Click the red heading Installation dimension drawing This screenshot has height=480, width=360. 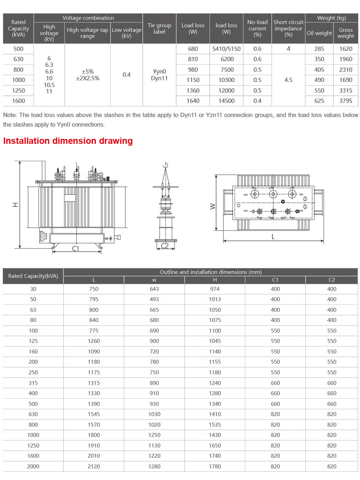[68, 141]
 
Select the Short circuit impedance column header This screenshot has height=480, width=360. [288, 28]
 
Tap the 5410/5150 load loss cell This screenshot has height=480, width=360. [226, 49]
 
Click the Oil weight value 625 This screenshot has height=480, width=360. [319, 101]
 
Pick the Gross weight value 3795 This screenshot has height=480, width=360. [346, 101]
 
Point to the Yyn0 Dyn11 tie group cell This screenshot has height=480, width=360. [159, 75]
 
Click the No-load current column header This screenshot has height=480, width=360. [257, 28]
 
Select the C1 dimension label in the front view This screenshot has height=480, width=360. [76, 248]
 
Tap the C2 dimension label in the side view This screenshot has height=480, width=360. [165, 246]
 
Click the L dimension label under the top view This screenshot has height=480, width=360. [273, 237]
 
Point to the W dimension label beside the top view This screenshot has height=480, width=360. [213, 206]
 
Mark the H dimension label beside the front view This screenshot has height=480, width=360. [15, 205]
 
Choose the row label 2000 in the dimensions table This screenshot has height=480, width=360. [33, 466]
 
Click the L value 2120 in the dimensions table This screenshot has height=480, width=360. [94, 466]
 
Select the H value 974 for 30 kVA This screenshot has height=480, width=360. [215, 289]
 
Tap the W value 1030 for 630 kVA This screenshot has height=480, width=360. [154, 414]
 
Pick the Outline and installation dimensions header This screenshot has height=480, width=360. [210, 272]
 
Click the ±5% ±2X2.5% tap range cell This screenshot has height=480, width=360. [87, 75]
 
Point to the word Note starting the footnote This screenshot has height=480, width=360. [10, 115]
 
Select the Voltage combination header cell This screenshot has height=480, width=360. [88, 18]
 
